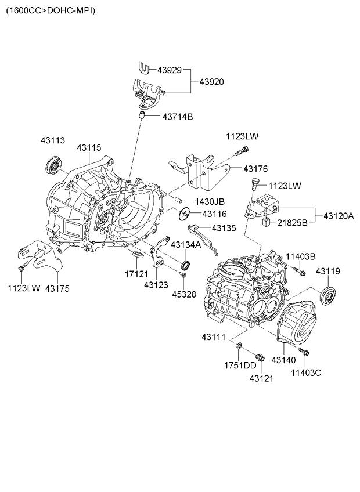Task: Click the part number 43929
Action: coord(168,70)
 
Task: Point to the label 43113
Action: coord(53,140)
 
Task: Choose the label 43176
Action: coord(255,168)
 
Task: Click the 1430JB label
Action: coord(210,201)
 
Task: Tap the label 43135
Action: coord(224,228)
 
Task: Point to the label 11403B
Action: coord(300,256)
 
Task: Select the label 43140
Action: coord(285,360)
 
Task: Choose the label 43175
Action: coord(57,288)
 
